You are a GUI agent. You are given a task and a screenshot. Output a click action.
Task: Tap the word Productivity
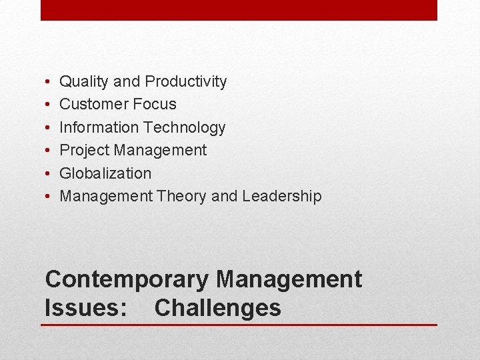186,82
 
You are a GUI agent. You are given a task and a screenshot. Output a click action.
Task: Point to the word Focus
155,104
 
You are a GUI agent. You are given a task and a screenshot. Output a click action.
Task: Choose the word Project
85,151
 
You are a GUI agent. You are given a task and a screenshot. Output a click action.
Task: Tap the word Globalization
105,173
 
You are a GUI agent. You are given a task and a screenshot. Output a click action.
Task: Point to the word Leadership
282,196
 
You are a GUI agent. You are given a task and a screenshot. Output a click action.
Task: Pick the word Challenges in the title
217,309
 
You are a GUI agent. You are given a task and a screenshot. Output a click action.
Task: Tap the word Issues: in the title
86,309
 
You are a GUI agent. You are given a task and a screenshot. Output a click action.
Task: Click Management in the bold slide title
289,279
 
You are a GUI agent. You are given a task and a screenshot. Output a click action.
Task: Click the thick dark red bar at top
239,10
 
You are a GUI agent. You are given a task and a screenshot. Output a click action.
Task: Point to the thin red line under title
239,325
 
